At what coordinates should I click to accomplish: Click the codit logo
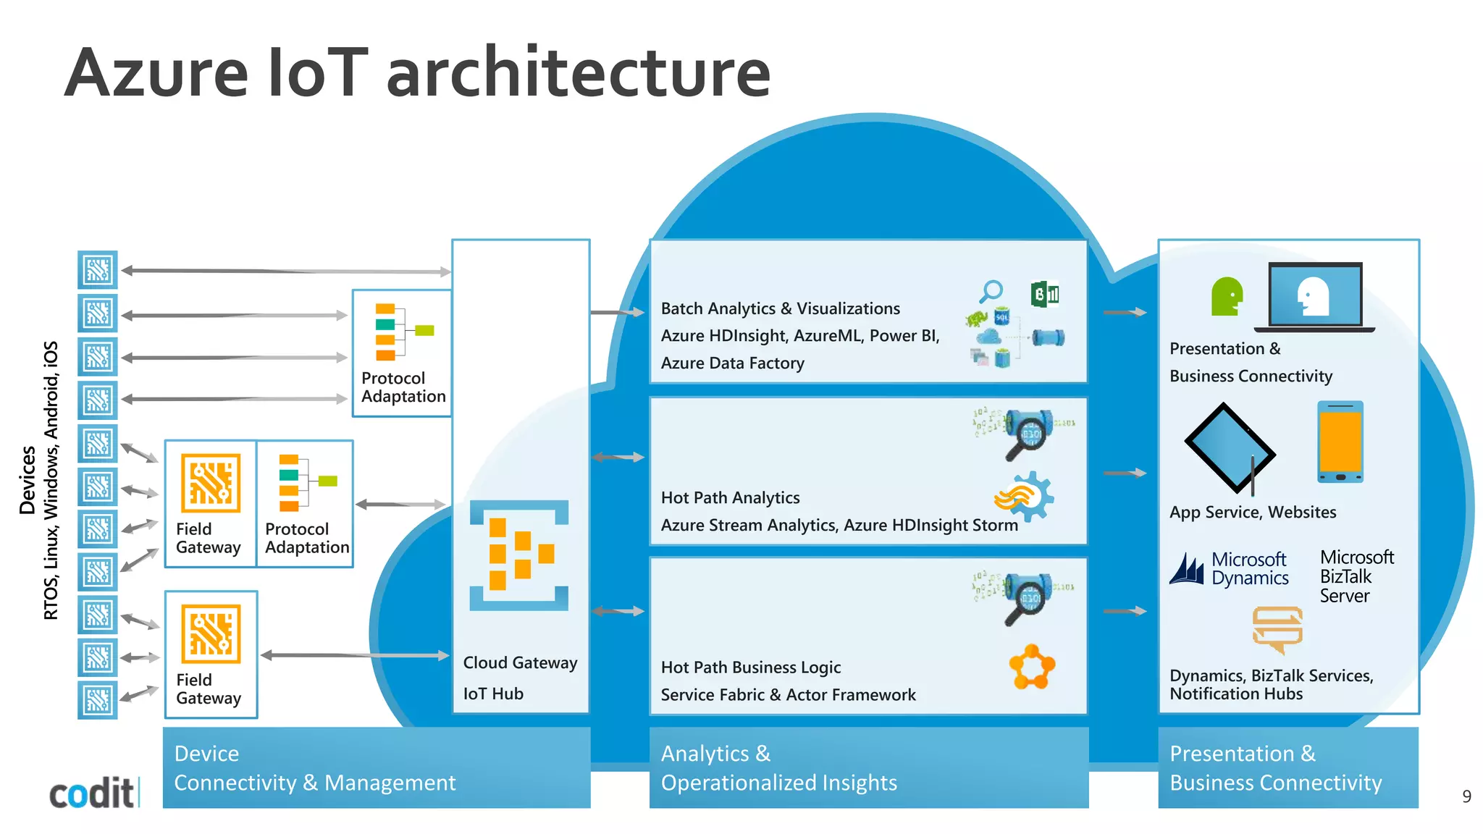coord(92,793)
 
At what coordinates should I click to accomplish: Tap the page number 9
coord(1466,796)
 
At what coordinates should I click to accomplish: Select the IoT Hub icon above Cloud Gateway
coord(519,555)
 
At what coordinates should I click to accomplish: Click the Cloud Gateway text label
coord(520,662)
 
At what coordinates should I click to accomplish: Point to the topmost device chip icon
coord(97,270)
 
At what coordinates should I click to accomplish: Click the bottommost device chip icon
coord(97,699)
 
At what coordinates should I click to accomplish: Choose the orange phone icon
coord(1340,442)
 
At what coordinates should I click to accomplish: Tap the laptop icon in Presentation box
coord(1316,298)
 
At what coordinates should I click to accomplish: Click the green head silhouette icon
coord(1227,296)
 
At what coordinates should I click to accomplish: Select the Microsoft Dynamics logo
coord(1230,569)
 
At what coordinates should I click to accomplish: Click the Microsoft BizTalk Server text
coord(1356,576)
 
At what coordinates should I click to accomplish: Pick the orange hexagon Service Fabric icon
coord(1032,667)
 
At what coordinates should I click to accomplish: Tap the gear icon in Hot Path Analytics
coord(1026,497)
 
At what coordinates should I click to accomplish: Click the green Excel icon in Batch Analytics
coord(1044,294)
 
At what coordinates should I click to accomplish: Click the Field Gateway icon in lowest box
coord(211,634)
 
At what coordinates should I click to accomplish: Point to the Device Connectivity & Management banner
coord(377,767)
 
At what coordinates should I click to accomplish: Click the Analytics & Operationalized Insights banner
coord(868,767)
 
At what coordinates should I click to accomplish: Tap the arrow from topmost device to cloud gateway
coord(286,271)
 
